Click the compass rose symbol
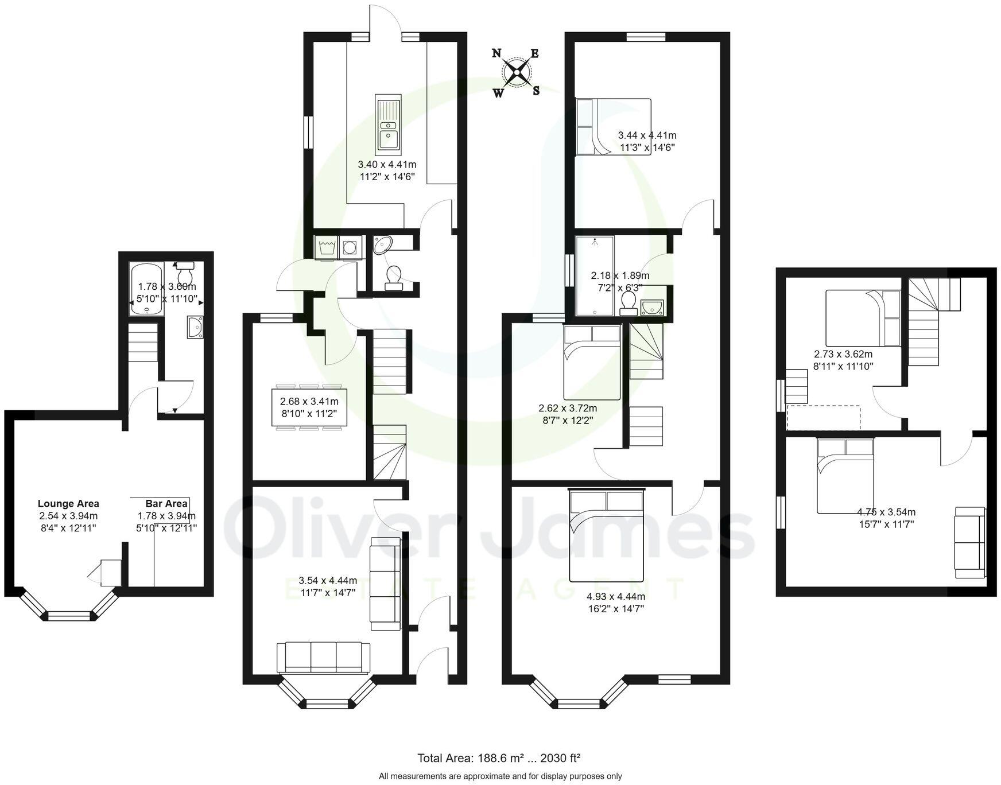pyautogui.click(x=517, y=72)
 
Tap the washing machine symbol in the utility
pyautogui.click(x=327, y=248)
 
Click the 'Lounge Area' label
pyautogui.click(x=68, y=504)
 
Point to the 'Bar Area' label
pyautogui.click(x=166, y=504)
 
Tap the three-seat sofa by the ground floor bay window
pyautogui.click(x=323, y=657)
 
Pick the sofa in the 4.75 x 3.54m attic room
pyautogui.click(x=969, y=543)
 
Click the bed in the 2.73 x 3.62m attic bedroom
pyautogui.click(x=863, y=318)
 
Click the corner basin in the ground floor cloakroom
pyautogui.click(x=382, y=245)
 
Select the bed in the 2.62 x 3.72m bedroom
pyautogui.click(x=592, y=362)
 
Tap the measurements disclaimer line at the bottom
pyautogui.click(x=500, y=776)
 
